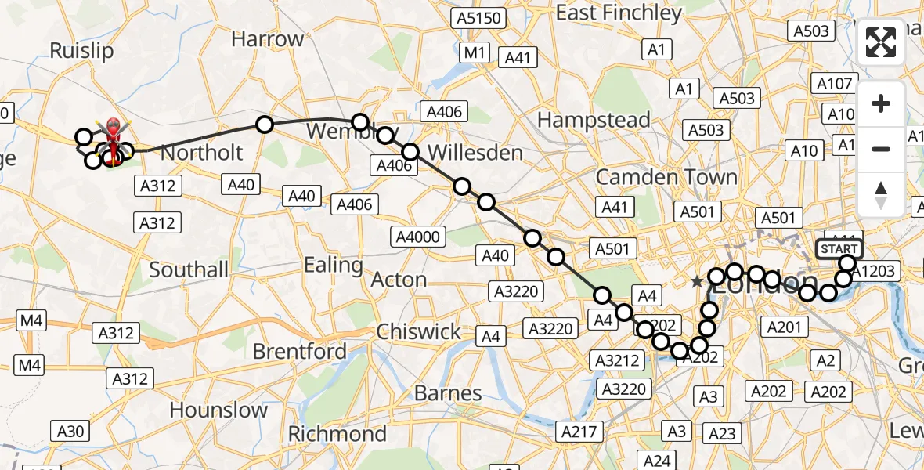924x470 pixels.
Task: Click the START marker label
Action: [x=839, y=249]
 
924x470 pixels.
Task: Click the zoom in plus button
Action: [x=881, y=104]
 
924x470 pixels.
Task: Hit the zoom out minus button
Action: [x=881, y=149]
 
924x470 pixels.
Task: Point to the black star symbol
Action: [x=696, y=281]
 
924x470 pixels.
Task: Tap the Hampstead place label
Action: [x=594, y=120]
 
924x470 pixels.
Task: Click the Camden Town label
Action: [x=666, y=177]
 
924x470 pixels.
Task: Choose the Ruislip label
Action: [x=81, y=51]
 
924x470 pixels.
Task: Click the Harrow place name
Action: [x=268, y=39]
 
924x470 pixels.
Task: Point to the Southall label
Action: [x=189, y=270]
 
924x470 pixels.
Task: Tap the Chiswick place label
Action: [x=419, y=331]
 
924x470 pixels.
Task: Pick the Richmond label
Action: [x=337, y=433]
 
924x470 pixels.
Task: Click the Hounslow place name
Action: [x=218, y=410]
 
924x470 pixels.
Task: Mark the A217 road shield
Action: [x=579, y=431]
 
